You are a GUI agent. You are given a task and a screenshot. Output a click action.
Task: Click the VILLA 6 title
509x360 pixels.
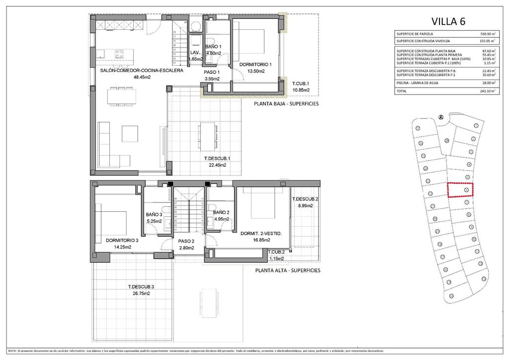[x=448, y=21]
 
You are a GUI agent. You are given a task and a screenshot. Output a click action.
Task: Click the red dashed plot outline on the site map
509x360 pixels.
[x=460, y=190]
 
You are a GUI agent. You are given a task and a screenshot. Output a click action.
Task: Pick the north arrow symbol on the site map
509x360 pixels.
[x=440, y=117]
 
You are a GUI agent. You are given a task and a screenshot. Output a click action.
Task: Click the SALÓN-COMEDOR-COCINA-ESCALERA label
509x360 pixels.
[x=141, y=71]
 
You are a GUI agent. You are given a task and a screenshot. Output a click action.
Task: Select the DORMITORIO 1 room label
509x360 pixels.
[x=255, y=65]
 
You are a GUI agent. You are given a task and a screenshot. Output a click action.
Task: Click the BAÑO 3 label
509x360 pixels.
[x=154, y=215]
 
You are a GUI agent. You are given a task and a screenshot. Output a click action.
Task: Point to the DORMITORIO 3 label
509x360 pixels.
[x=122, y=240]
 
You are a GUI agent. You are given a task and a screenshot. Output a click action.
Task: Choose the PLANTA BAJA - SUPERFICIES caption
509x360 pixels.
[x=286, y=104]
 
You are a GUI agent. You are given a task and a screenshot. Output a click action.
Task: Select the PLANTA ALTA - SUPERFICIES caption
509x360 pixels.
[x=287, y=270]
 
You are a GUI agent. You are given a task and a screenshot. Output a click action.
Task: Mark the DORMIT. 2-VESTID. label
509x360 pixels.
[x=261, y=233]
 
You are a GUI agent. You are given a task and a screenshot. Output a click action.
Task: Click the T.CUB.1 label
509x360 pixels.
[x=301, y=84]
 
